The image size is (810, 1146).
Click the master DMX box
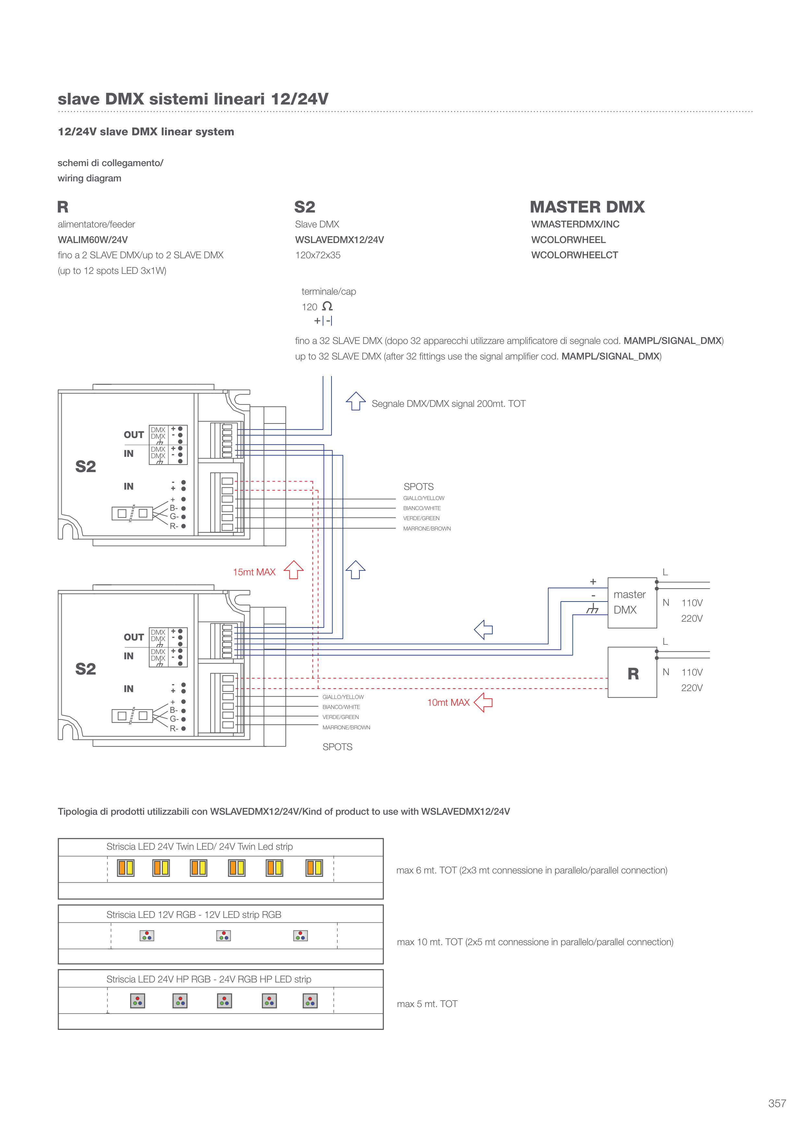[x=632, y=603]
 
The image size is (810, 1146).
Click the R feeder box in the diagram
[x=632, y=672]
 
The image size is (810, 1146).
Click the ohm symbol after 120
[x=327, y=306]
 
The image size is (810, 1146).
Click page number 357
[x=777, y=1103]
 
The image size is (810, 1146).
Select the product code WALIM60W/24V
[x=93, y=239]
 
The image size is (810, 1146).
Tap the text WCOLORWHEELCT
[x=574, y=255]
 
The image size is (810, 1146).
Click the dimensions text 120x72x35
[x=318, y=255]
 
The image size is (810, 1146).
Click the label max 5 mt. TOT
[x=427, y=1004]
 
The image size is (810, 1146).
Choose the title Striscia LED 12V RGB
[x=194, y=914]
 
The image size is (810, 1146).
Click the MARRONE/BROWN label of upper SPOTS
[x=427, y=529]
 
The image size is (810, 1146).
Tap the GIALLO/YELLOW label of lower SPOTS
[x=343, y=697]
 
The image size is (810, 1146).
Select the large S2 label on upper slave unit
[x=85, y=466]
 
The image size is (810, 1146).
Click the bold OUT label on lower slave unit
[x=134, y=637]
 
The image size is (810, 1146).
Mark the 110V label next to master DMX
[x=692, y=603]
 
